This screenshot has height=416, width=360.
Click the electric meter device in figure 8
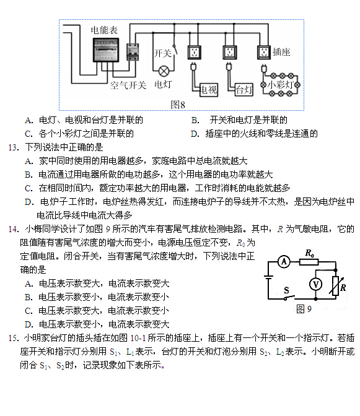click(x=106, y=50)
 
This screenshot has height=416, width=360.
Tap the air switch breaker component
click(x=133, y=52)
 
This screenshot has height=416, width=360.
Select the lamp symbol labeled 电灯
click(x=164, y=71)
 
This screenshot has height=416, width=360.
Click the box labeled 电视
click(x=209, y=90)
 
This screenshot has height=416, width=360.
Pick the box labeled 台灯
click(x=244, y=90)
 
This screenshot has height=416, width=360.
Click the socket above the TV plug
click(x=195, y=52)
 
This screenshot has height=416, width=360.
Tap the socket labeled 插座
click(x=264, y=52)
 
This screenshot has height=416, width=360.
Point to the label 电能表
click(x=104, y=30)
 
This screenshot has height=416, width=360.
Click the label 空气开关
click(x=128, y=85)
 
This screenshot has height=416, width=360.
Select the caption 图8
click(x=178, y=105)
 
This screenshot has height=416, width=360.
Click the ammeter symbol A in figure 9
click(x=284, y=262)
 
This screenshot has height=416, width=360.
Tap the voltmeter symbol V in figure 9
click(x=315, y=284)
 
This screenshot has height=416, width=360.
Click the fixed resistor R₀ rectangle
click(x=309, y=262)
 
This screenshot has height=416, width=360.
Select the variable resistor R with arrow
click(x=336, y=286)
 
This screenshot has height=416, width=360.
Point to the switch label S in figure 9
click(x=286, y=290)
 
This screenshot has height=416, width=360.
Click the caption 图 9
click(x=304, y=309)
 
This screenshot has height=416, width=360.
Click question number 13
click(x=14, y=147)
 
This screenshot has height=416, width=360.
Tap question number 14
click(x=14, y=228)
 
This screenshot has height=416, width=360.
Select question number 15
click(x=14, y=338)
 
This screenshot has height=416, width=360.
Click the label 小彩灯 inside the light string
click(x=280, y=85)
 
